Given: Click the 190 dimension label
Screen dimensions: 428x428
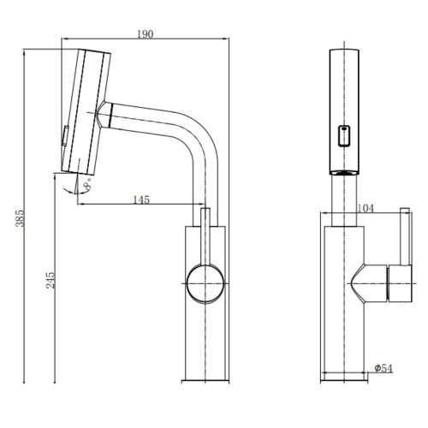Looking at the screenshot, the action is click(146, 34).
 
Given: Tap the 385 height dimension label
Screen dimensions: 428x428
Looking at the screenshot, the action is click(20, 218).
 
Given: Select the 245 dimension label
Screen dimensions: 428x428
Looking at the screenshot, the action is click(51, 280).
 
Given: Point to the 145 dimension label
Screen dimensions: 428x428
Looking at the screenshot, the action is click(141, 199).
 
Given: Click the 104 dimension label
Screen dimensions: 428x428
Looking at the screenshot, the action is click(366, 209).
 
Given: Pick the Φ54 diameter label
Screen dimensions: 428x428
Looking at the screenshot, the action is click(383, 369).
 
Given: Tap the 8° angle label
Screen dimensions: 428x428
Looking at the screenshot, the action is click(87, 185).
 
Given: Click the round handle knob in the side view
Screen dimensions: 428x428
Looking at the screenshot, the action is click(205, 283).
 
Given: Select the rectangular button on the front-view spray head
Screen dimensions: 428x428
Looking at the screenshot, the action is click(344, 136).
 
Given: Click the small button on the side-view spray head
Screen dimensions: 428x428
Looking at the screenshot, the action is click(65, 136).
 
